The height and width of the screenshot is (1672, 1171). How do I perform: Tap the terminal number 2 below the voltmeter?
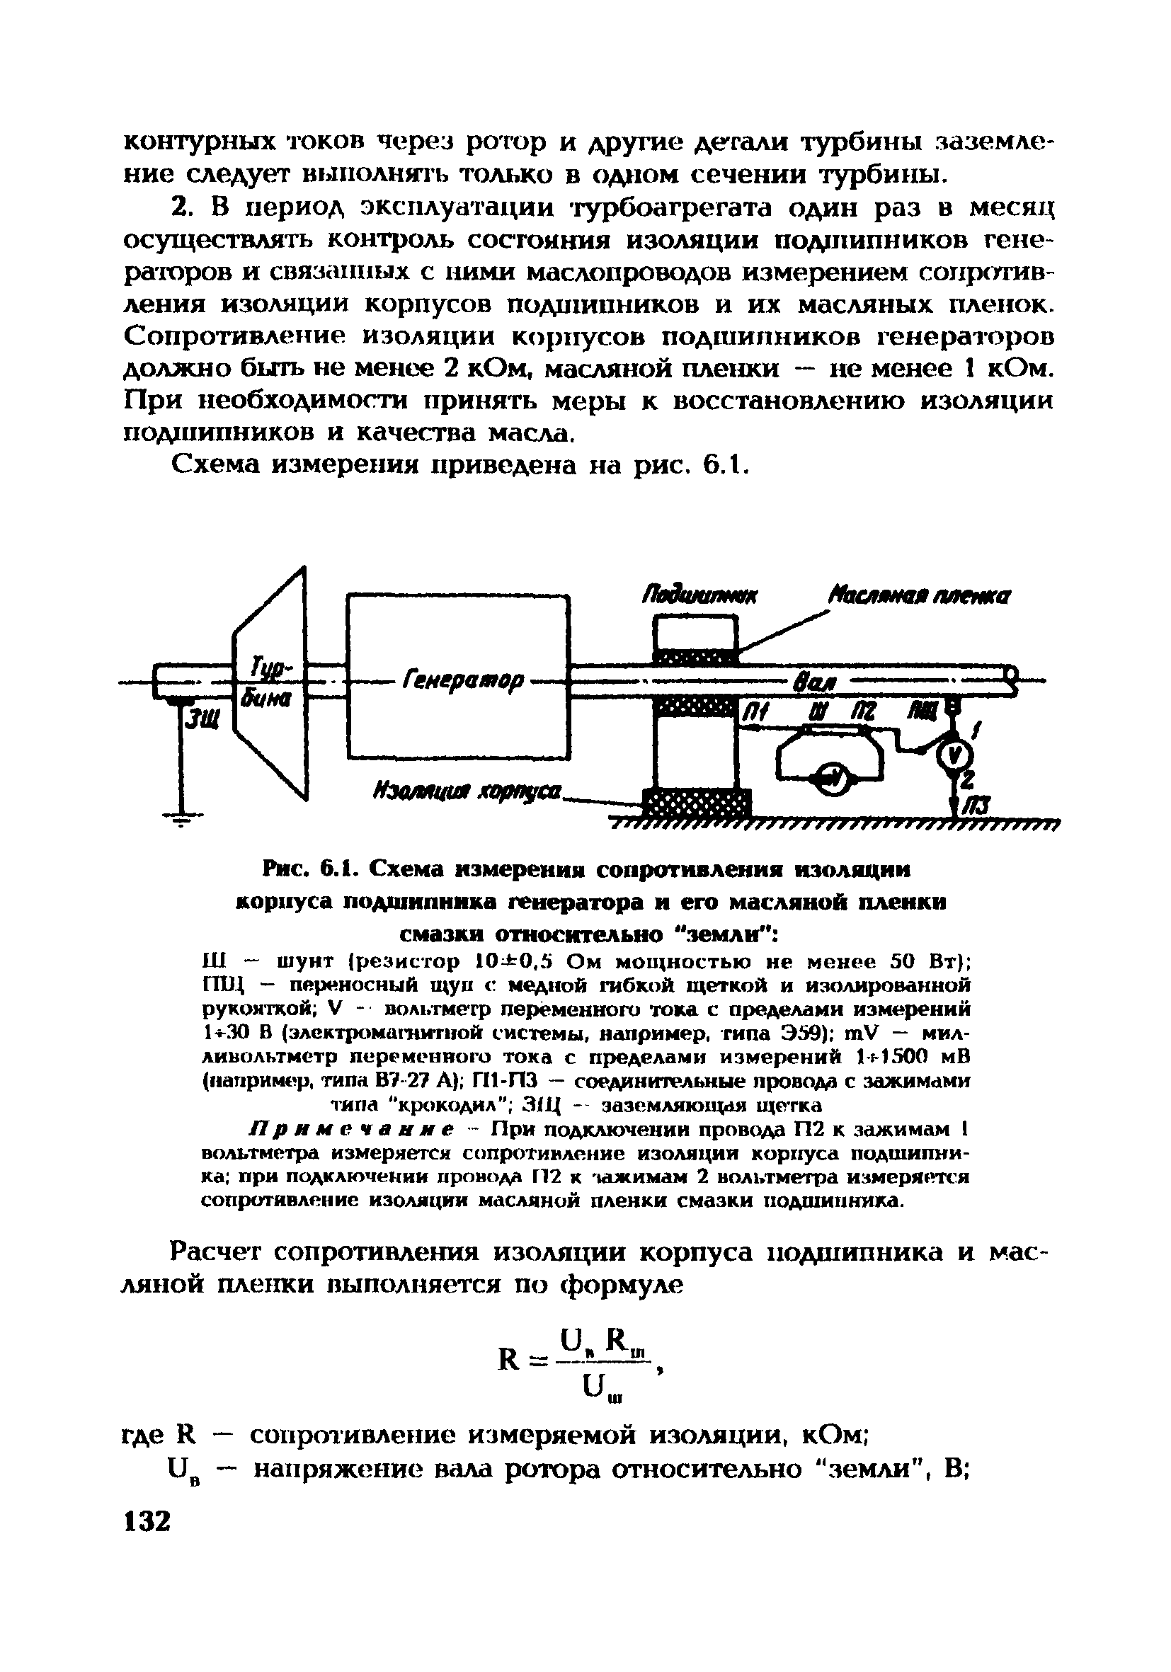point(966,779)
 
